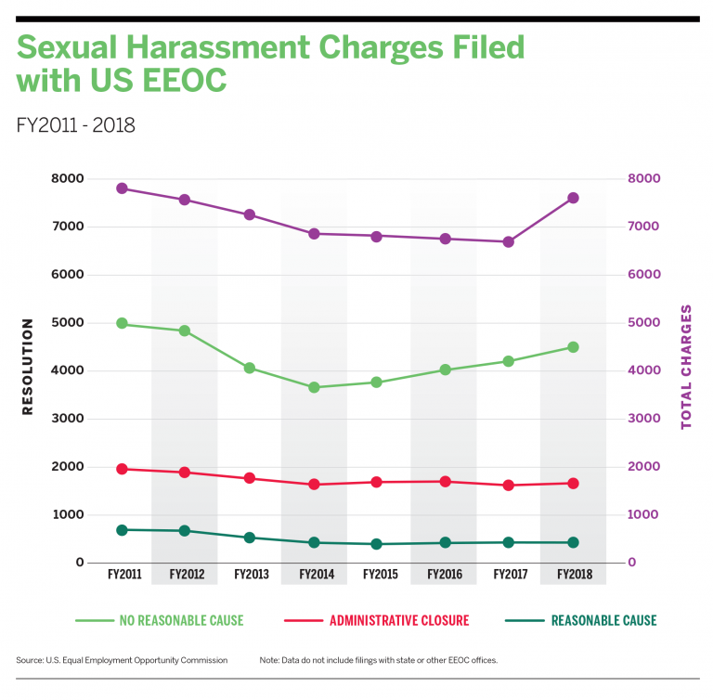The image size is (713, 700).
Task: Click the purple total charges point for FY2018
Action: pyautogui.click(x=573, y=198)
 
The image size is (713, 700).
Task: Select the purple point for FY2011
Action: pyautogui.click(x=122, y=188)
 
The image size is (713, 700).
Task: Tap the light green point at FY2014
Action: pyautogui.click(x=314, y=387)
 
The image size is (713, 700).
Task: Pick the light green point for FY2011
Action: pyautogui.click(x=122, y=323)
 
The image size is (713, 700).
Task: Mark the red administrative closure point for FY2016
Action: pyautogui.click(x=446, y=482)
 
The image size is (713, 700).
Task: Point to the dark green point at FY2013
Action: pyautogui.click(x=249, y=538)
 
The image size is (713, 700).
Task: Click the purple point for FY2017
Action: pyautogui.click(x=509, y=242)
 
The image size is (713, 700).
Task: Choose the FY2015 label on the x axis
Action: pyautogui.click(x=380, y=574)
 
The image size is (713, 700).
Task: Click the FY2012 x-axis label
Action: pyautogui.click(x=187, y=574)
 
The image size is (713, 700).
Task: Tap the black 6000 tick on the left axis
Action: pyautogui.click(x=67, y=274)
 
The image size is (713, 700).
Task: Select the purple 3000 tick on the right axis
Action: pyautogui.click(x=644, y=418)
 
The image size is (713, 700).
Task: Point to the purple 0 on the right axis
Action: pyautogui.click(x=631, y=563)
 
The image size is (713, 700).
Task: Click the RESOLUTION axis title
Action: pyautogui.click(x=27, y=367)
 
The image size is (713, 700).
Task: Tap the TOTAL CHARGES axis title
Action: pyautogui.click(x=686, y=367)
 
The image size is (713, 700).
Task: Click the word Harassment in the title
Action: pyautogui.click(x=218, y=47)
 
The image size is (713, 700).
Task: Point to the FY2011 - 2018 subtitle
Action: pyautogui.click(x=75, y=125)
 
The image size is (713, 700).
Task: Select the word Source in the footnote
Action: pyautogui.click(x=30, y=660)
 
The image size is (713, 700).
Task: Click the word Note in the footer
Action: pyautogui.click(x=268, y=660)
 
